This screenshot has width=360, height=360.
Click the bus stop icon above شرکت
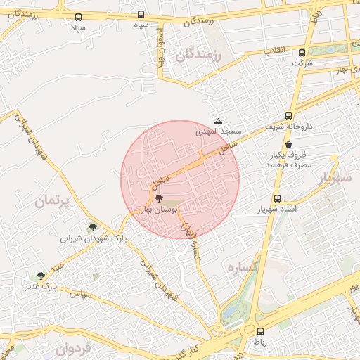(x=302, y=53)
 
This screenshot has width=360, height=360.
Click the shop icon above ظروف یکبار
(x=288, y=144)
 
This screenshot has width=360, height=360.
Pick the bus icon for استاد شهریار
(x=277, y=199)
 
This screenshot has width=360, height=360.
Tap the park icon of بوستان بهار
(x=158, y=198)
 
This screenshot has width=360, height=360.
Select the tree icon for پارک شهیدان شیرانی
(x=93, y=227)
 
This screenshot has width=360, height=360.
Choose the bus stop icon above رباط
(x=261, y=331)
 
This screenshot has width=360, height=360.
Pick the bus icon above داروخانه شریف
(x=288, y=116)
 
